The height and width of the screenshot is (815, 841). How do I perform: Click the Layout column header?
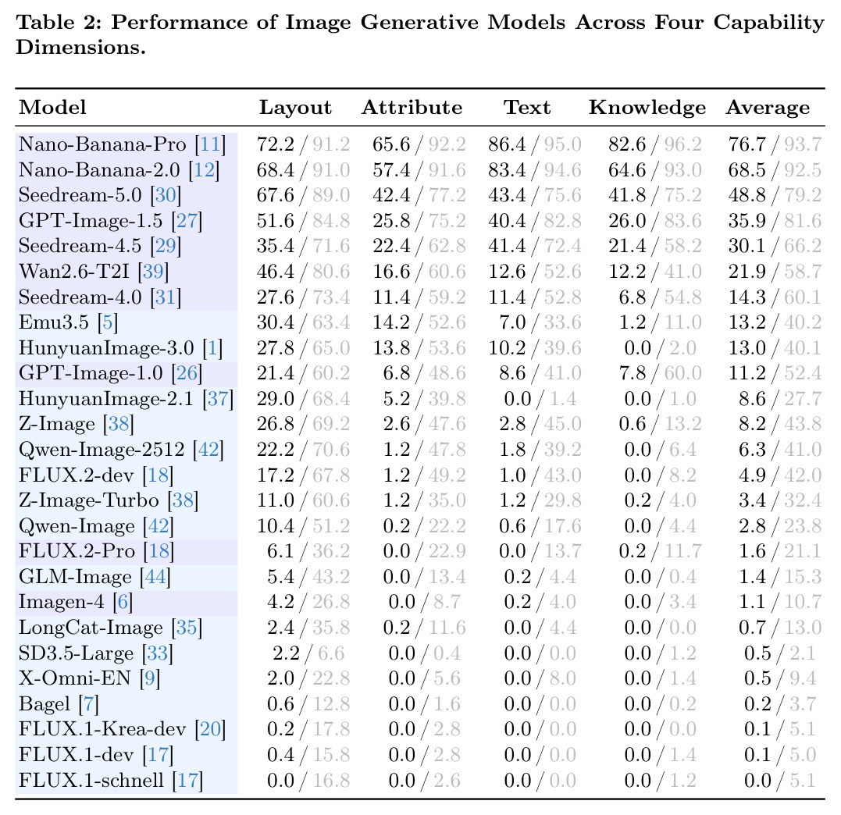click(295, 108)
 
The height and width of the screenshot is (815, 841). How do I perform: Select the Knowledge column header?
click(647, 108)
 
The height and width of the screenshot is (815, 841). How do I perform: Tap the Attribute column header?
click(412, 107)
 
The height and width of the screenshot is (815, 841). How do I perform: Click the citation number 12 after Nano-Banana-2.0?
click(204, 170)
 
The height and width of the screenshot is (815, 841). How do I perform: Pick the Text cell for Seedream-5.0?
click(535, 194)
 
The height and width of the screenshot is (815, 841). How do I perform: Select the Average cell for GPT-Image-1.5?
click(775, 220)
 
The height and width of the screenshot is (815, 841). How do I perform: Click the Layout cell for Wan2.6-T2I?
click(303, 272)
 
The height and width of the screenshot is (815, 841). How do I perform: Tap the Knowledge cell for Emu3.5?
click(661, 322)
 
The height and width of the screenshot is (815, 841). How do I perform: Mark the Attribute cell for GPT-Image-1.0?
click(424, 373)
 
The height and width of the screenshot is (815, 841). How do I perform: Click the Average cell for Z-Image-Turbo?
click(780, 500)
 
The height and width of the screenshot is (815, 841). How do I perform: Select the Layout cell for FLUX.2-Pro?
click(308, 551)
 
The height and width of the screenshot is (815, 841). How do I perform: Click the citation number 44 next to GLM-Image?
click(155, 577)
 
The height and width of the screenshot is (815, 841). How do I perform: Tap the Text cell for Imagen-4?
click(540, 602)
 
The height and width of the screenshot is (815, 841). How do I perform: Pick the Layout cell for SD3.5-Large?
click(308, 653)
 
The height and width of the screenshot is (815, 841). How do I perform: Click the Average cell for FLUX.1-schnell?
click(780, 780)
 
